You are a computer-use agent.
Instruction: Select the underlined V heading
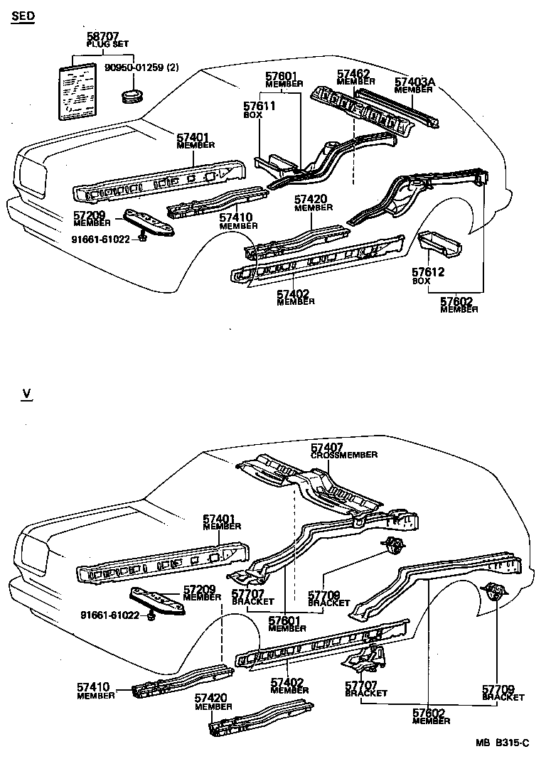click(x=26, y=393)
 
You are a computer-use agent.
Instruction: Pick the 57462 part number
click(x=353, y=73)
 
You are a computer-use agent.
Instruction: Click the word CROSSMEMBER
click(x=344, y=455)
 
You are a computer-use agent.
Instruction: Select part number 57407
click(x=327, y=447)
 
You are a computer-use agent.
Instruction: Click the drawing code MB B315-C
click(x=503, y=743)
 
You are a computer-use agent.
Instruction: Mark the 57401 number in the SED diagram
click(x=192, y=137)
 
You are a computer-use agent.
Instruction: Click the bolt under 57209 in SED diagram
click(x=143, y=238)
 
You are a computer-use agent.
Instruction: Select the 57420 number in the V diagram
click(x=212, y=699)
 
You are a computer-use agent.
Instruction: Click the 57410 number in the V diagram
click(x=94, y=687)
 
